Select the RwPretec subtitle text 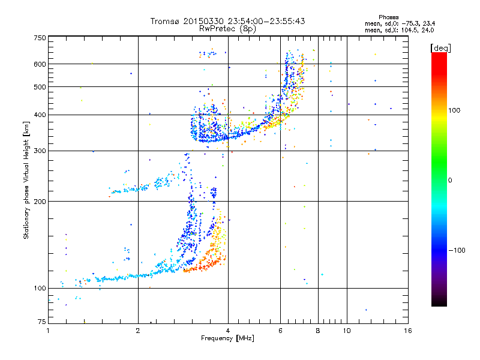click(227, 29)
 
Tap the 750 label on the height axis click(40, 38)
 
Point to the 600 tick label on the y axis click(40, 64)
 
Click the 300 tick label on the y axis click(40, 151)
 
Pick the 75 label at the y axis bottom click(42, 322)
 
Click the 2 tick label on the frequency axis click(138, 331)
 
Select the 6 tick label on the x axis click(280, 331)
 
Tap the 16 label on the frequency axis click(408, 331)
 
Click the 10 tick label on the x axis click(347, 331)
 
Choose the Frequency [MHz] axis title click(227, 338)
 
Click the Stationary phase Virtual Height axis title click(26, 180)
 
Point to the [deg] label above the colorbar click(441, 48)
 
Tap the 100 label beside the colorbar click(454, 110)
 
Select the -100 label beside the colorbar click(457, 250)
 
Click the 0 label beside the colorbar click(450, 181)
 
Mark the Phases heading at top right click(389, 17)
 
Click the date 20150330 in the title click(203, 21)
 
